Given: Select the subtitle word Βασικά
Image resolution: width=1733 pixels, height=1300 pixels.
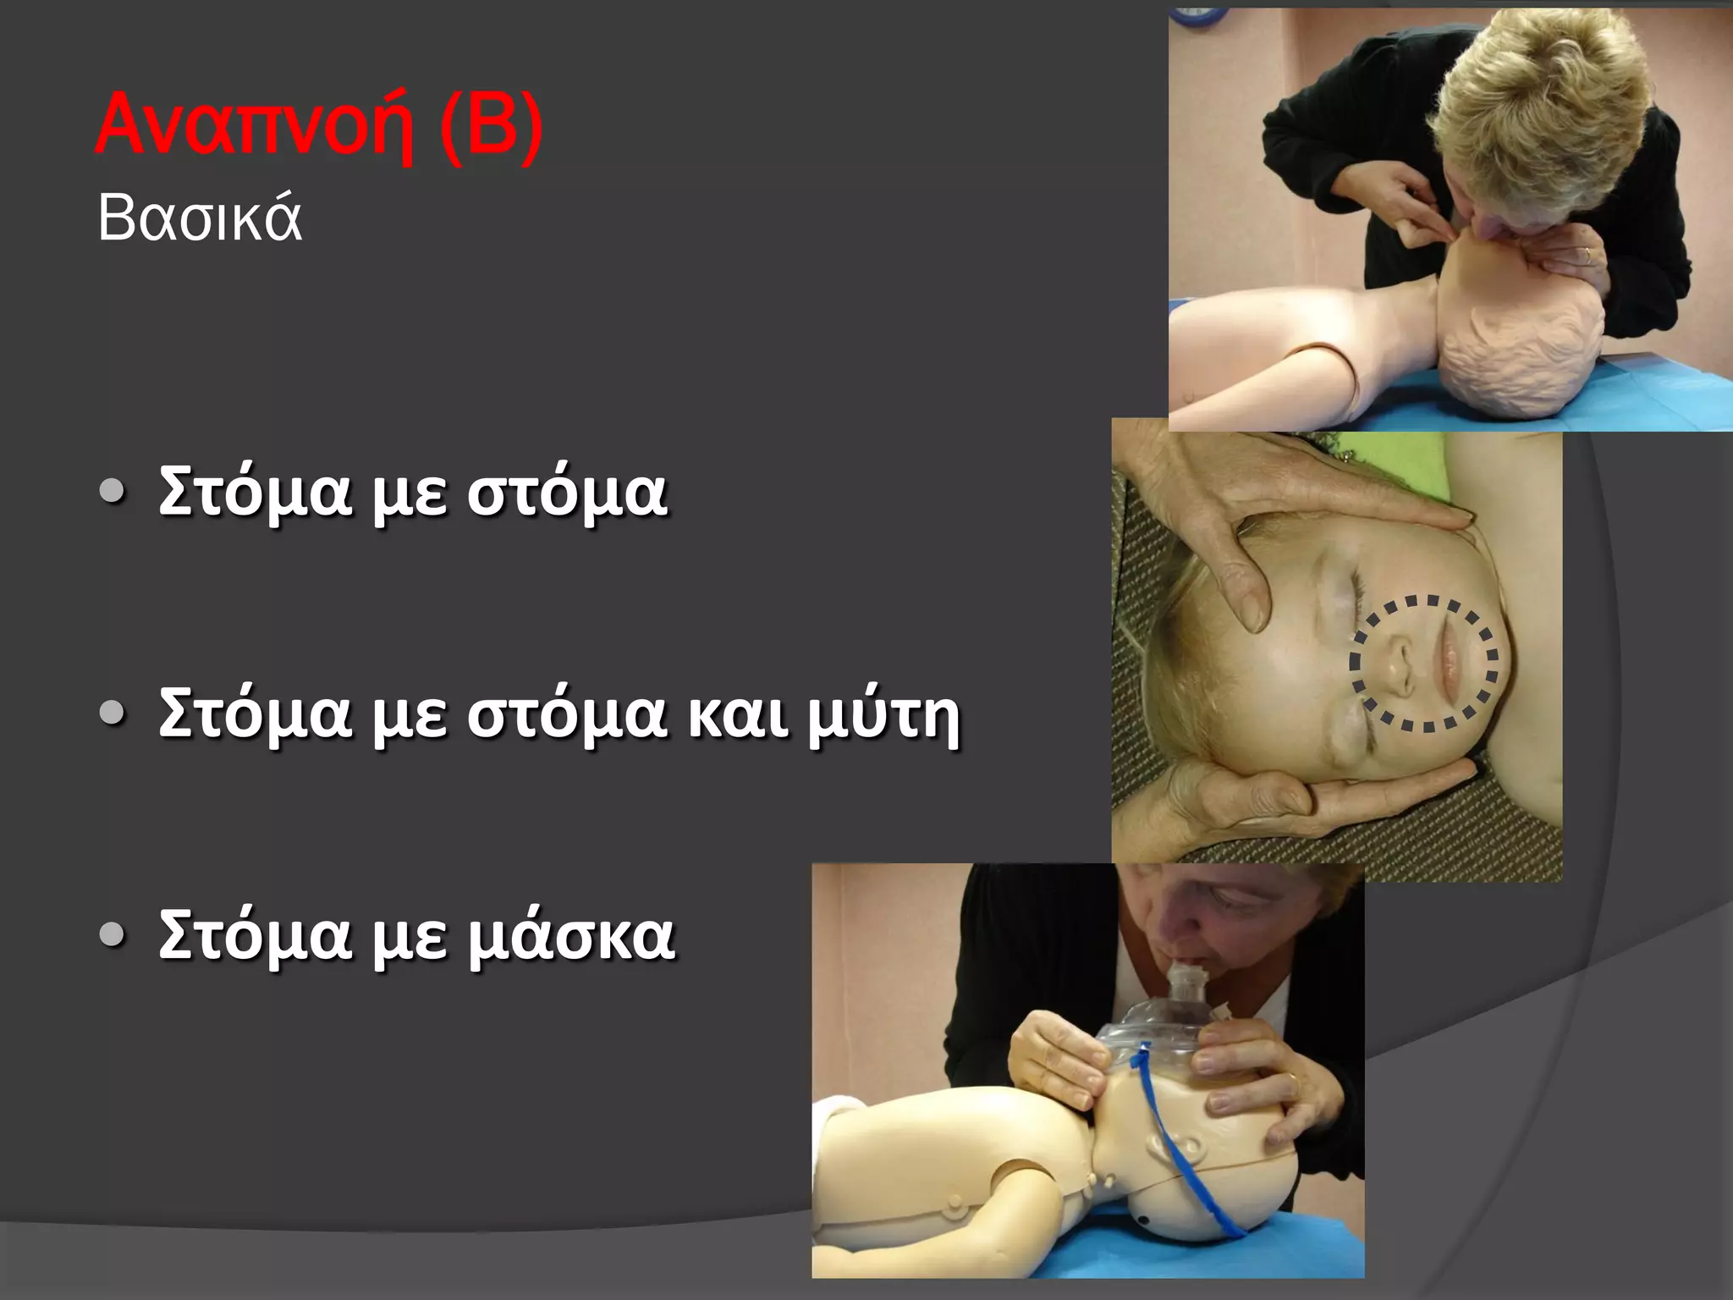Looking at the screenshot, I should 200,218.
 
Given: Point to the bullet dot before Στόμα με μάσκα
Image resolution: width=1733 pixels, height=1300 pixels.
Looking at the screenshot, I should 112,934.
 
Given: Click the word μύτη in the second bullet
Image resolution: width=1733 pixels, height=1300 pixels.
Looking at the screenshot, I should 883,716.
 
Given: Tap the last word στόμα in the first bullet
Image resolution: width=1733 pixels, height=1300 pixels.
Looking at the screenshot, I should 567,493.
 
